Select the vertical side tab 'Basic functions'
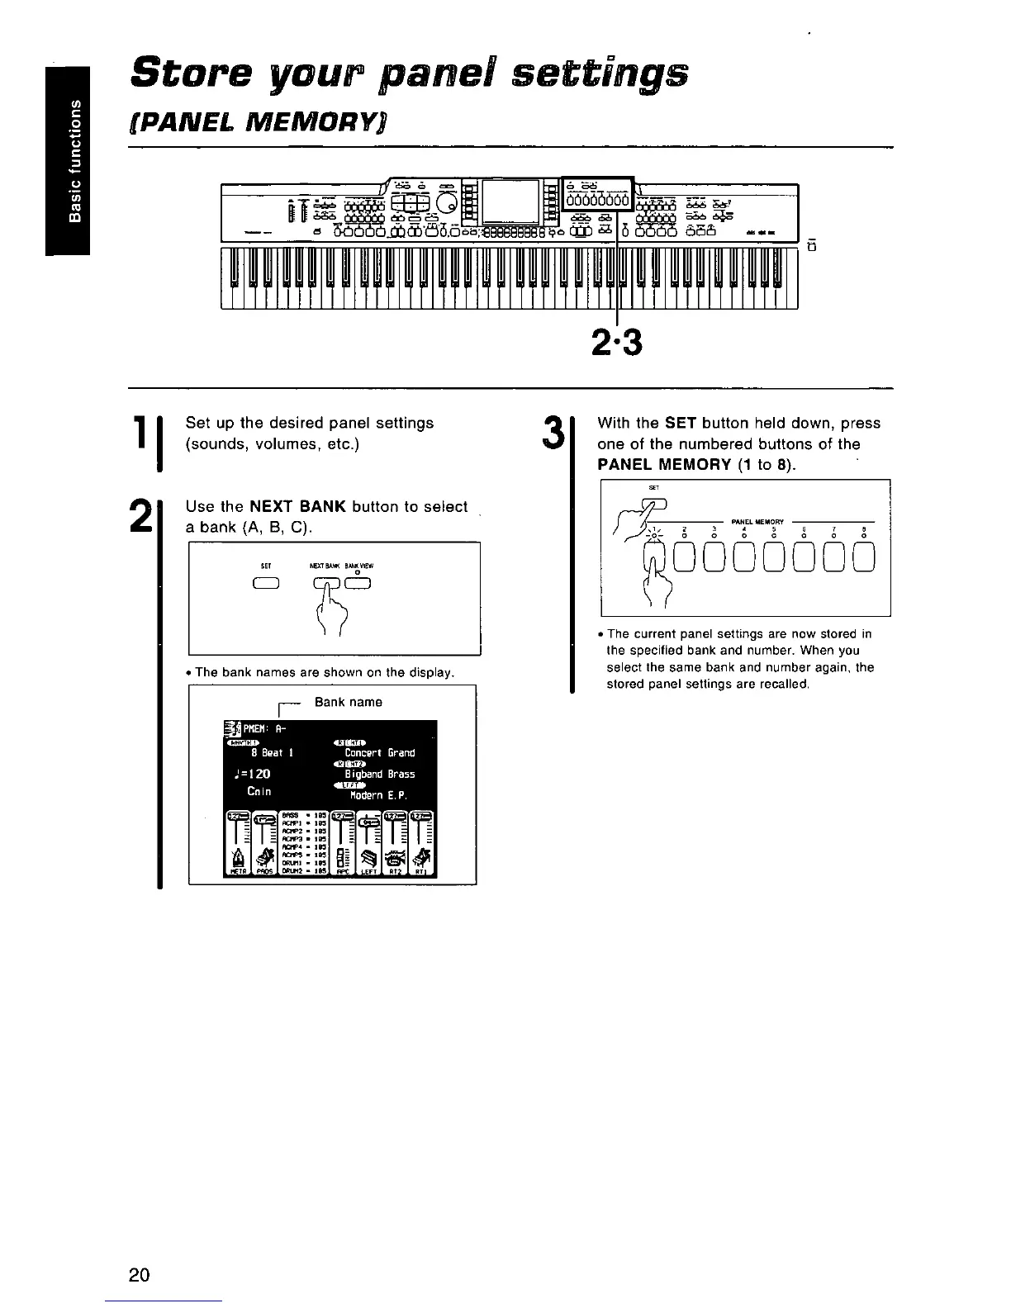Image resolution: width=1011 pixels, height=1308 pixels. click(74, 161)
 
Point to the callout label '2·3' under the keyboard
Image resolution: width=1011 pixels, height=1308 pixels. click(618, 341)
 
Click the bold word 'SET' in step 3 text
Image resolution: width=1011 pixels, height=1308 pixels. click(681, 424)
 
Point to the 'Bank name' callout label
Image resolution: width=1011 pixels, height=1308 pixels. click(348, 702)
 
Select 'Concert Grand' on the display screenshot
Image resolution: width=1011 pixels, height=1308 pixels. click(379, 752)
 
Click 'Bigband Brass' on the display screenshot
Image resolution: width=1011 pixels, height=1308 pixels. click(379, 775)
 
